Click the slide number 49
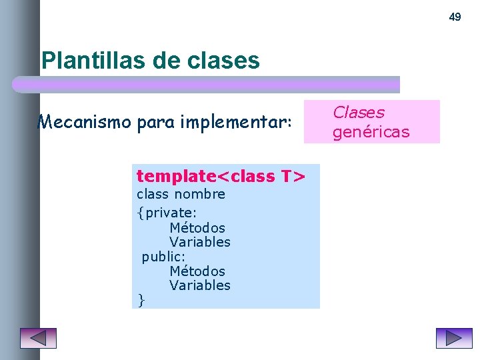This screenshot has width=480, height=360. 455,17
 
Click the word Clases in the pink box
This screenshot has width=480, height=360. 359,113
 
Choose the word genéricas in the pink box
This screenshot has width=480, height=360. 371,132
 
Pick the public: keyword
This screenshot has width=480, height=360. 163,257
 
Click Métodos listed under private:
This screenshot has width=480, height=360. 197,228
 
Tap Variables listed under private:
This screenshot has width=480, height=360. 200,242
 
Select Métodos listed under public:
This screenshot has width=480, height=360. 197,271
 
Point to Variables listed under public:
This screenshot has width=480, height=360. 200,285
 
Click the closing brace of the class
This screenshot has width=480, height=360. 140,301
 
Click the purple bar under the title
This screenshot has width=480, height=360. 207,85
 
